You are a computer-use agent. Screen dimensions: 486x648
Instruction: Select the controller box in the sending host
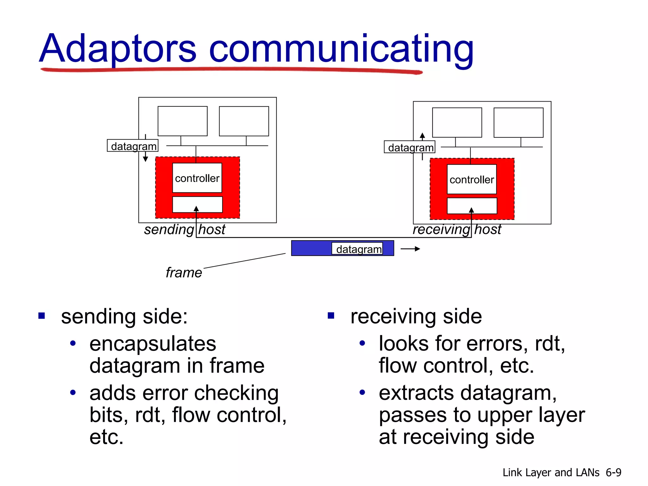[197, 178]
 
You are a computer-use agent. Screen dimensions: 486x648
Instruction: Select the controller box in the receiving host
[471, 179]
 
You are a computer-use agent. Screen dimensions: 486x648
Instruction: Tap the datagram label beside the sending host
[133, 146]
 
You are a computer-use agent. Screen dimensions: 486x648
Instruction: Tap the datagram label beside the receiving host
[410, 147]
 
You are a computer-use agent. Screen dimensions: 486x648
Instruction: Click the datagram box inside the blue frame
[358, 249]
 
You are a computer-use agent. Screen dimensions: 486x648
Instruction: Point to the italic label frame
[184, 272]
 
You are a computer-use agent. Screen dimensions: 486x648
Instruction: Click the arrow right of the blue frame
[410, 249]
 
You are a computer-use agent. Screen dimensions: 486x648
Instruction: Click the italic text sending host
[184, 229]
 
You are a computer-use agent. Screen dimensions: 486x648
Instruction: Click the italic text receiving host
[457, 229]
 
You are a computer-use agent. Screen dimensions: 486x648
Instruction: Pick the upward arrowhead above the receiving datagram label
[422, 136]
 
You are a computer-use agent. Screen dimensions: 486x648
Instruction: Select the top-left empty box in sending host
[183, 121]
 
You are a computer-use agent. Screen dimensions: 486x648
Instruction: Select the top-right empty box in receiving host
[518, 123]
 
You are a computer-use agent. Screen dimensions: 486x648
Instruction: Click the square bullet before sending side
[41, 316]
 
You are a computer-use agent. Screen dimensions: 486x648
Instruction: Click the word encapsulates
[153, 344]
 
